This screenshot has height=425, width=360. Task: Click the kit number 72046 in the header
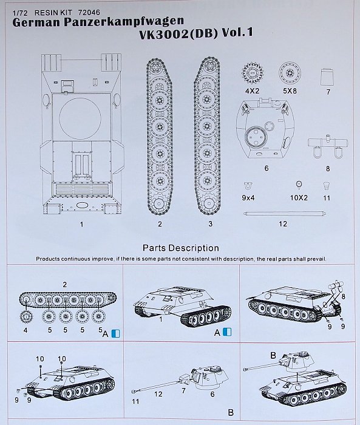[x=89, y=13]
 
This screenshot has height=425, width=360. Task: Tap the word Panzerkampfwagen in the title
[x=124, y=22]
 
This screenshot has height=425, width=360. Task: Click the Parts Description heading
[x=181, y=248]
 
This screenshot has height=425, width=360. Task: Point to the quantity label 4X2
[x=252, y=91]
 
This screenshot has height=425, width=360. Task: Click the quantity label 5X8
[x=290, y=91]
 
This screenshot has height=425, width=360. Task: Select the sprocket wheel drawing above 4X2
[x=253, y=73]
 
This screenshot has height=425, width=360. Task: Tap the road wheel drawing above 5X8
[x=290, y=73]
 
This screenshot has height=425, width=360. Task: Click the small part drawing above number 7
[x=327, y=76]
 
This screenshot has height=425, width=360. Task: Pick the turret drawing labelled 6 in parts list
[x=266, y=129]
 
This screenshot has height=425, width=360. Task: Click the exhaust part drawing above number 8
[x=328, y=147]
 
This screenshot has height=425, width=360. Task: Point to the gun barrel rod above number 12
[x=284, y=214]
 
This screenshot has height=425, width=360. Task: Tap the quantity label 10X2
[x=299, y=198]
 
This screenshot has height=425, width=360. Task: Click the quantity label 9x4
[x=248, y=198]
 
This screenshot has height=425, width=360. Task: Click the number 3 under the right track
[x=211, y=223]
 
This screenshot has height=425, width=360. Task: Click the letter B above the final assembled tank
[x=273, y=355]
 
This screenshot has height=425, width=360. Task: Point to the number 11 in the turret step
[x=135, y=401]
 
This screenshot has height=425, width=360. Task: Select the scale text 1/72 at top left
[x=20, y=13]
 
